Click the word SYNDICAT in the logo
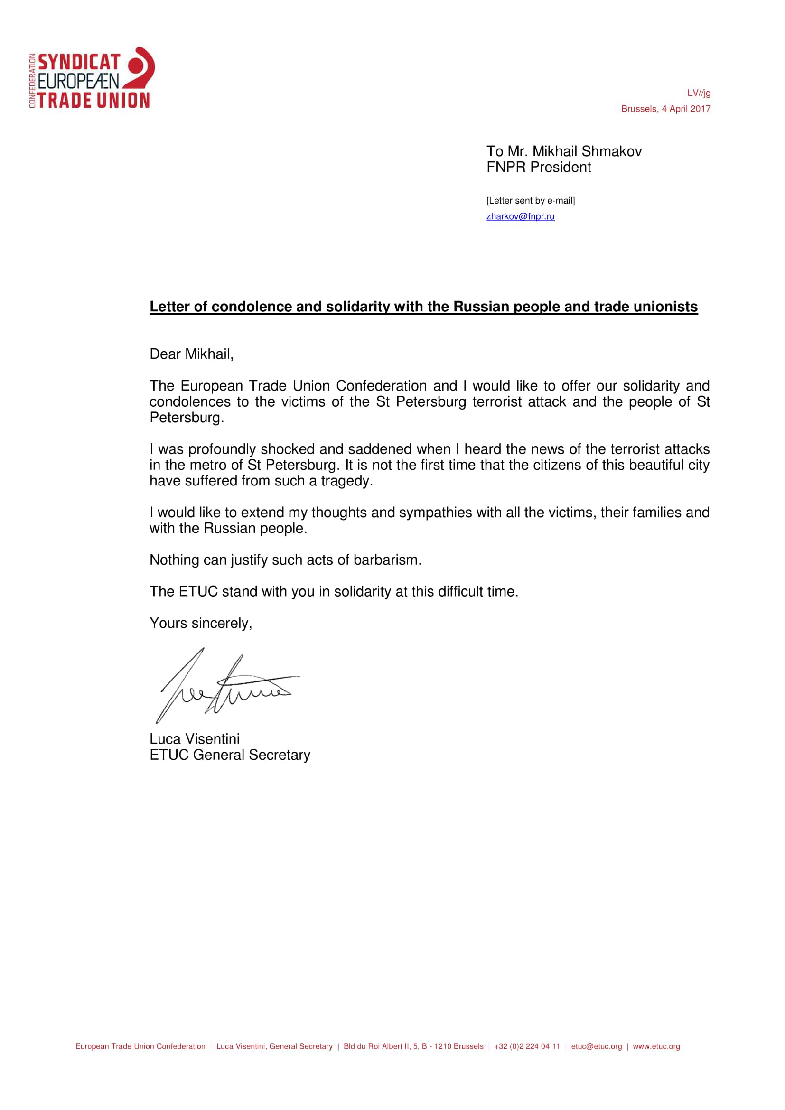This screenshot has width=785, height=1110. click(x=79, y=62)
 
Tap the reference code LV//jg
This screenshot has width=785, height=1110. click(x=699, y=93)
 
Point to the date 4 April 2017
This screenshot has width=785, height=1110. click(x=686, y=109)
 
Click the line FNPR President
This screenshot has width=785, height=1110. click(x=539, y=167)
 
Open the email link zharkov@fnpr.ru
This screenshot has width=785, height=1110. click(x=520, y=216)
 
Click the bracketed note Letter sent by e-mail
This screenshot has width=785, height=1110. click(x=530, y=201)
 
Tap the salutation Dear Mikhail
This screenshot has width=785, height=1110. click(x=191, y=354)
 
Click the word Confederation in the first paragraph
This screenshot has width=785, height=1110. click(x=381, y=386)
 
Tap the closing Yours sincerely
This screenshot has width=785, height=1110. click(x=201, y=623)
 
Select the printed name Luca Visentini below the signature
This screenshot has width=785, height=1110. click(x=194, y=739)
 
